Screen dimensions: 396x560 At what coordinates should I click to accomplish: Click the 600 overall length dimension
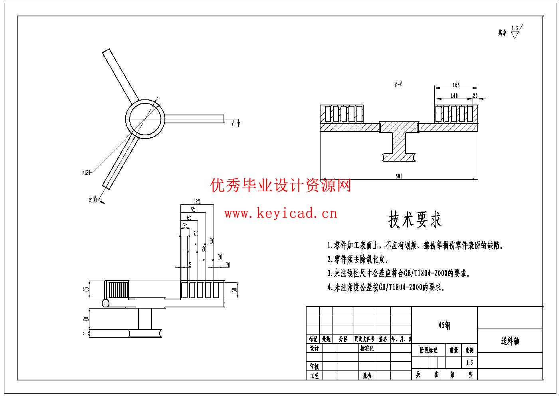399,176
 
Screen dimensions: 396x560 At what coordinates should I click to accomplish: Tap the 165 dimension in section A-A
456,85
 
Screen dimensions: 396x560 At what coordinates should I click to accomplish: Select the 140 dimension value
454,96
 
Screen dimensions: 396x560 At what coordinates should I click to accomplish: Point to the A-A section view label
398,85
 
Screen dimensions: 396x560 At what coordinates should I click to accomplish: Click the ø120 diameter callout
86,172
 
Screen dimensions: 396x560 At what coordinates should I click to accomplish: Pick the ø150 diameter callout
93,200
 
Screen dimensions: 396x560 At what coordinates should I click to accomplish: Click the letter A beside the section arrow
233,123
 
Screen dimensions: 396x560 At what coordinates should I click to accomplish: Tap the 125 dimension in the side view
197,202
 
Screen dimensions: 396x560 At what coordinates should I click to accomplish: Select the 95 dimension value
193,210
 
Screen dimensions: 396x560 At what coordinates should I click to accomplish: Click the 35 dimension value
185,226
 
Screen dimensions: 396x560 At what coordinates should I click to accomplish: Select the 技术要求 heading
415,220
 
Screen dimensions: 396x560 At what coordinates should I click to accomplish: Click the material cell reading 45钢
444,325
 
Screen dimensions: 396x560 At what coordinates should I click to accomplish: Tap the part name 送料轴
510,341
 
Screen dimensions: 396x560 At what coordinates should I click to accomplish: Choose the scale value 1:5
469,363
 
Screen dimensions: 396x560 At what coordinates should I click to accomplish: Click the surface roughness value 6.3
514,28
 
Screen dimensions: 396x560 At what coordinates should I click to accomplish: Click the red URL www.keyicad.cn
281,214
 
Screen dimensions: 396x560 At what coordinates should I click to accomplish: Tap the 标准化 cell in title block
367,348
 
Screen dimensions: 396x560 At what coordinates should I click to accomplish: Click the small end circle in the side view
106,303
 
